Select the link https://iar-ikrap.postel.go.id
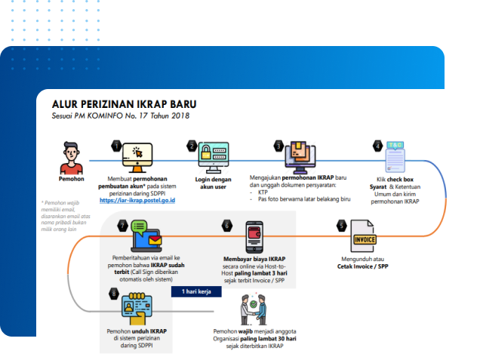(137, 200)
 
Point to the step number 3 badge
(278, 145)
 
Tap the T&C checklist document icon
(395, 158)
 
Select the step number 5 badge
(341, 225)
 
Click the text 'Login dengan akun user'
(214, 184)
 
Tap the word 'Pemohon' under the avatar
(71, 180)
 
